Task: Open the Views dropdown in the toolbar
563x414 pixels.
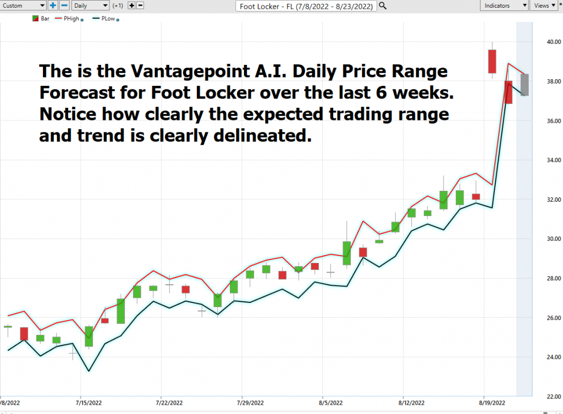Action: tap(544, 5)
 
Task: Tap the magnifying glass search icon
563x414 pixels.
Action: tap(383, 5)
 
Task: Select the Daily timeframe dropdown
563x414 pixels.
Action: tap(91, 5)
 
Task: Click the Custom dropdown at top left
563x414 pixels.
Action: tap(23, 5)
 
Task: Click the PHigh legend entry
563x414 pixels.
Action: tap(69, 19)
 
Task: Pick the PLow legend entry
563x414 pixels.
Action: tap(106, 19)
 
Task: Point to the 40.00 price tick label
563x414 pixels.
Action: tap(554, 42)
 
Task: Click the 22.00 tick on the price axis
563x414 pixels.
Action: tap(554, 396)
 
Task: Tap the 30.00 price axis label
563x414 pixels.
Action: tap(554, 239)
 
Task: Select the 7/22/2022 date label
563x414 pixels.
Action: tap(169, 403)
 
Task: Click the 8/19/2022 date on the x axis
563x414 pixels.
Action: tap(492, 403)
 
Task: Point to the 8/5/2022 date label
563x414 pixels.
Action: tap(330, 403)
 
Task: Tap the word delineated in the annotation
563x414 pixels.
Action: tap(262, 135)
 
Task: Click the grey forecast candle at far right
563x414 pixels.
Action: tap(525, 85)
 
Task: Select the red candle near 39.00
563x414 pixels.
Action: tap(492, 62)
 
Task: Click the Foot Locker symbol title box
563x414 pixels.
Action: tap(306, 6)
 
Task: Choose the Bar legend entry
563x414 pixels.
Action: tap(41, 19)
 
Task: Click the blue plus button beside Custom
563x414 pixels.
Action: tap(53, 5)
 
